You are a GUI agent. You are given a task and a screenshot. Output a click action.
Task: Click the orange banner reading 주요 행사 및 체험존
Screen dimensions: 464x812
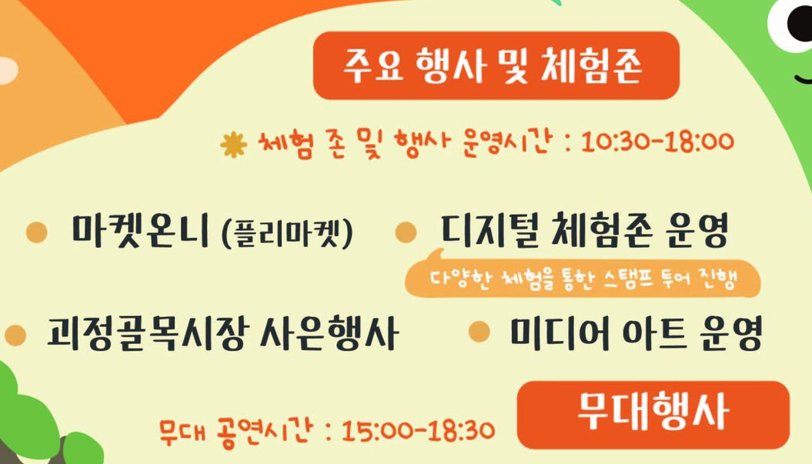click(x=496, y=66)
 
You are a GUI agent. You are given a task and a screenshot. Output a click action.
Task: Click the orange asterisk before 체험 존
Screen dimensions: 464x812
click(x=232, y=144)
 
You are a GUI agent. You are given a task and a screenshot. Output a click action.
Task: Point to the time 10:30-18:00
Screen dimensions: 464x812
click(x=657, y=142)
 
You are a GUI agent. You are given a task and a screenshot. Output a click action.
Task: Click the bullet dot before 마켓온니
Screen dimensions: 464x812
click(x=36, y=232)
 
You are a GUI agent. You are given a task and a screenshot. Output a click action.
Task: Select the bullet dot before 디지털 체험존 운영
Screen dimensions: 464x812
click(x=406, y=232)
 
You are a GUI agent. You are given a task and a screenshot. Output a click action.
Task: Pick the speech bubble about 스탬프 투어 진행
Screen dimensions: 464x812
click(x=582, y=280)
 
